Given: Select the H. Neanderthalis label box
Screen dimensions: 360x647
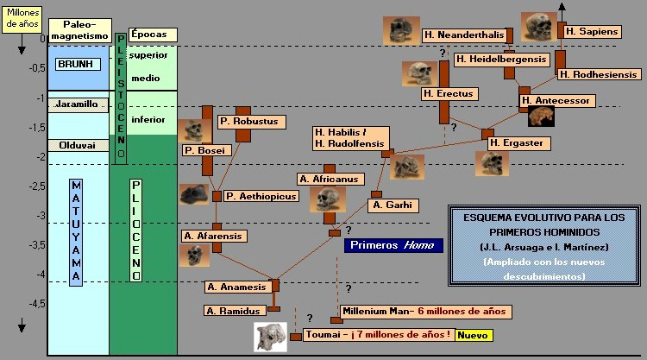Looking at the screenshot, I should point(464,35).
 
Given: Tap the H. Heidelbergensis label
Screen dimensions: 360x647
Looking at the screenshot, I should point(501,59).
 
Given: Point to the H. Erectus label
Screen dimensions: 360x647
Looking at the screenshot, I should point(445,93).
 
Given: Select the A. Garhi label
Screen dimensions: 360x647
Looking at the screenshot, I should point(393,205).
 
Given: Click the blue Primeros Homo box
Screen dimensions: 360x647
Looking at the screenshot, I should point(393,245).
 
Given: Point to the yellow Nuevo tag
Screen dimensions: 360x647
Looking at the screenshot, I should point(474,335).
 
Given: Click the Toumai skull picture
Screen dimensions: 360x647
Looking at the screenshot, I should point(270,337).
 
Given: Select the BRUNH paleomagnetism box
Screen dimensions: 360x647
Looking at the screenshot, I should point(79,65).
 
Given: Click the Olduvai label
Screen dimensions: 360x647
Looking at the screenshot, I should point(78,146).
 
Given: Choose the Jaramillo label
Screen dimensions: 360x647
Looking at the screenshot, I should point(78,105).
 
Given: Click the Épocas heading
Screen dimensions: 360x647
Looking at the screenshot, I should point(153,35).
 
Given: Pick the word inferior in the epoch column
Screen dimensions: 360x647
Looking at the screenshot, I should point(148,119).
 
